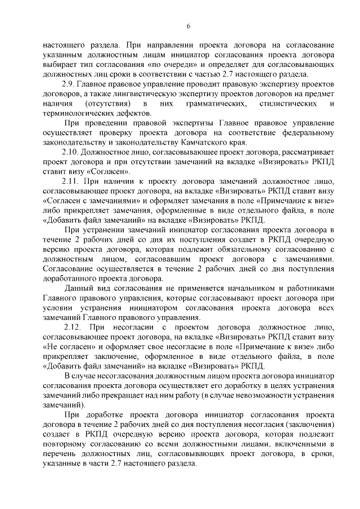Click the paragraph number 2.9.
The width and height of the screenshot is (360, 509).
(70, 84)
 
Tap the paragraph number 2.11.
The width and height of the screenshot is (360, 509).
(71, 181)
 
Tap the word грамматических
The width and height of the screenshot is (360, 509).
(213, 103)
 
